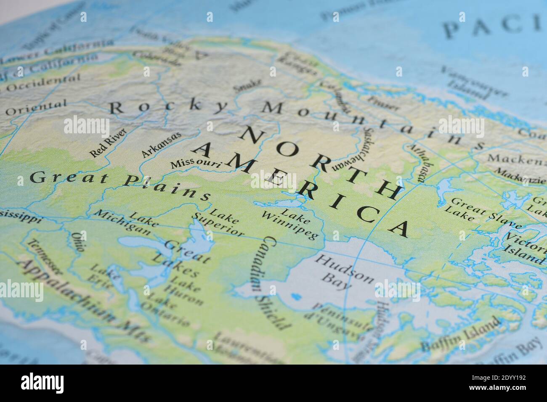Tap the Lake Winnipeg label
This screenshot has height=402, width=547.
click(290, 222)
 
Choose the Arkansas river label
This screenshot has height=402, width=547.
click(161, 145)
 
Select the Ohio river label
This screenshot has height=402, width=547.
click(77, 242)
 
